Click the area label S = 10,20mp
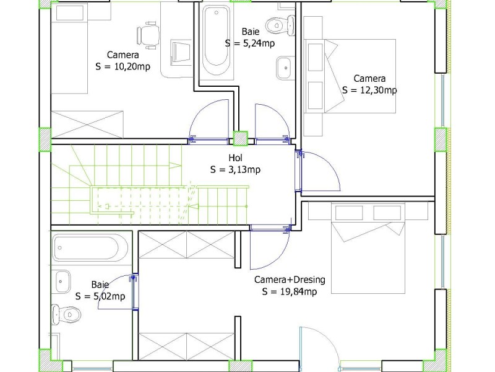(x=123, y=67)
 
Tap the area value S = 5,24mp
(x=250, y=43)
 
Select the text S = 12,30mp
(x=369, y=90)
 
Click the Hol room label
(x=236, y=158)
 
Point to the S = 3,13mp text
(x=236, y=170)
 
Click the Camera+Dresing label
(x=290, y=280)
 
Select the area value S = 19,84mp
(x=290, y=291)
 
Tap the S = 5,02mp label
(x=100, y=296)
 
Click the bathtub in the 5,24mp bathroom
(x=216, y=40)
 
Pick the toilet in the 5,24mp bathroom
(x=280, y=25)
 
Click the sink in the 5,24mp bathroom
(x=286, y=68)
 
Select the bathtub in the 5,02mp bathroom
(x=91, y=247)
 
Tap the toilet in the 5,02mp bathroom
(x=66, y=314)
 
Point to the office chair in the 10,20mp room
(x=148, y=35)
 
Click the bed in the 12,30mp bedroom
(x=360, y=76)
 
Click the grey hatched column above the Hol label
(x=240, y=138)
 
